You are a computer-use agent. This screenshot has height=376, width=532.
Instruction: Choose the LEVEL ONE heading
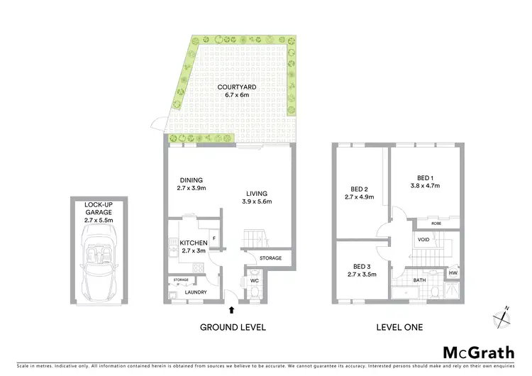399,328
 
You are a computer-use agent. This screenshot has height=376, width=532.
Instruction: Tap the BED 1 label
425,177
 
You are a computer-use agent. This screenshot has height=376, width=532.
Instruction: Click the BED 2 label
359,189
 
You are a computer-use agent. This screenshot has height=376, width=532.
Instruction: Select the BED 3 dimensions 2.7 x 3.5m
362,274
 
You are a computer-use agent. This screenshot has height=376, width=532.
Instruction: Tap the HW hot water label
452,273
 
